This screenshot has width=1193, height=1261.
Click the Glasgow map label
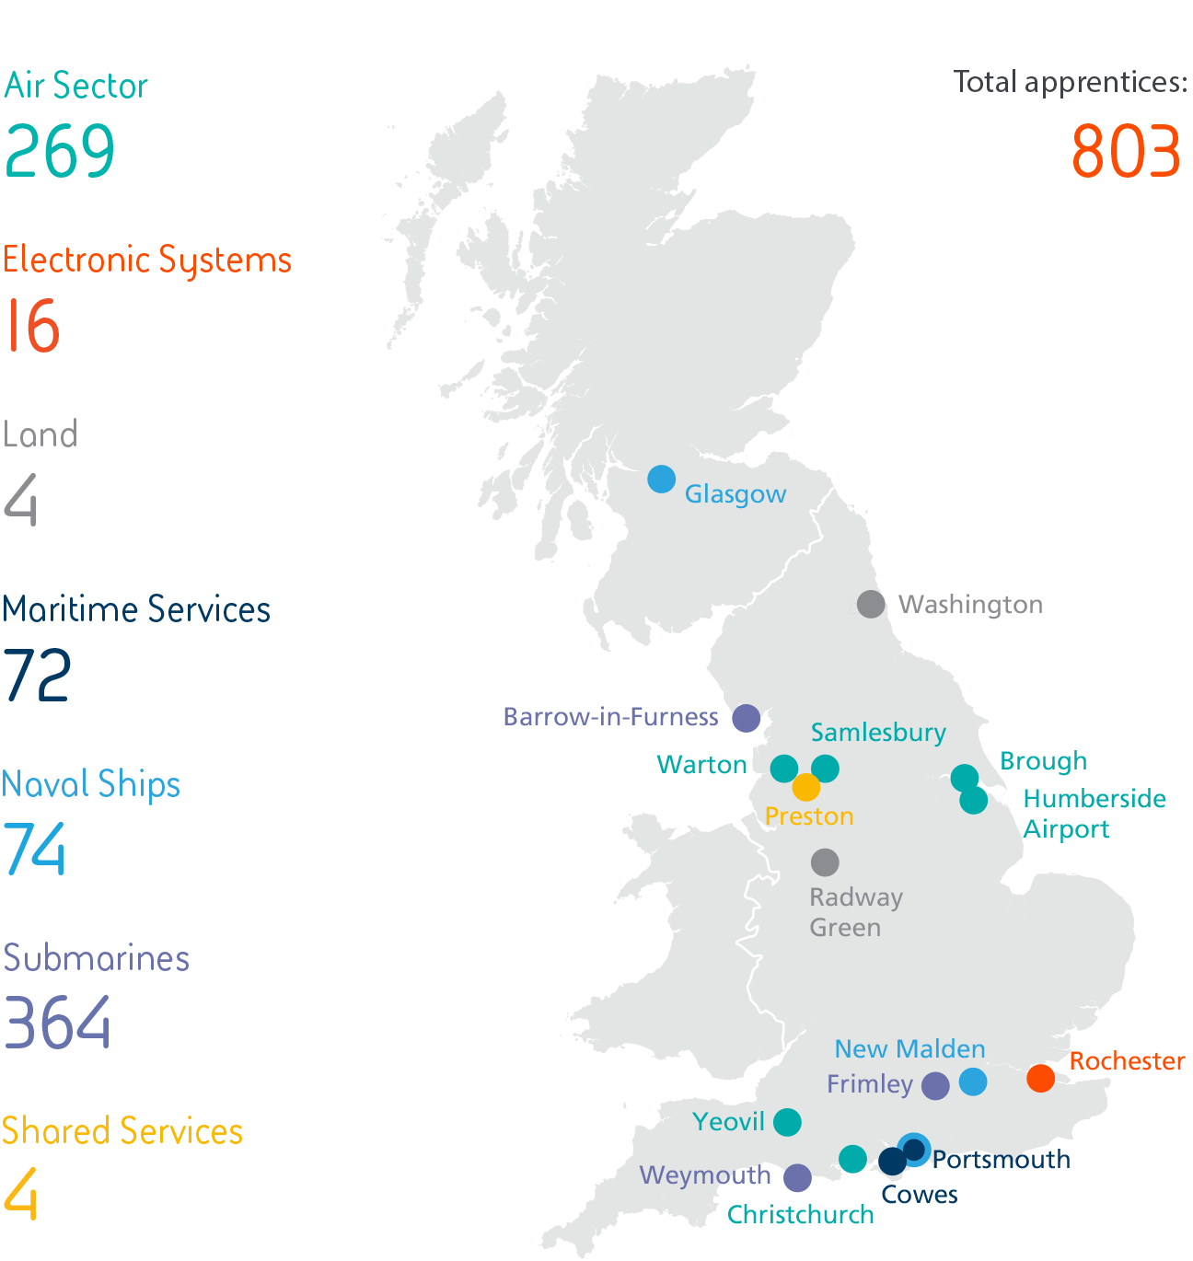pyautogui.click(x=735, y=494)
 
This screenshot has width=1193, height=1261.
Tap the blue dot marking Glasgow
pyautogui.click(x=661, y=479)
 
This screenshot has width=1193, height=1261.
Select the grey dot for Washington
pyautogui.click(x=871, y=605)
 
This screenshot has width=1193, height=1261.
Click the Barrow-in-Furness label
pyautogui.click(x=610, y=717)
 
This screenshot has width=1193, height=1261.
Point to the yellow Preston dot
pyautogui.click(x=805, y=788)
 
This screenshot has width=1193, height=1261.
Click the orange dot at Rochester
pyautogui.click(x=1040, y=1078)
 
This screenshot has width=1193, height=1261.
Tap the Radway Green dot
pyautogui.click(x=825, y=862)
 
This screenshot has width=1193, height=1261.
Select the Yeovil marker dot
pyautogui.click(x=787, y=1122)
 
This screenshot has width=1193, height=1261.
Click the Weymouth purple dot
pyautogui.click(x=797, y=1177)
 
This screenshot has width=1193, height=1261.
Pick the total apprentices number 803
pyautogui.click(x=1126, y=152)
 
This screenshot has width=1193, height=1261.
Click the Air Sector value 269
pyautogui.click(x=60, y=152)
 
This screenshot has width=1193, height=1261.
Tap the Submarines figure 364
pyautogui.click(x=57, y=1023)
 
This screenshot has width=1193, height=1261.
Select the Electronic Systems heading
pyautogui.click(x=147, y=260)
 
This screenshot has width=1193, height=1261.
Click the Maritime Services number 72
pyautogui.click(x=37, y=676)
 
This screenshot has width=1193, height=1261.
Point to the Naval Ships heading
pyautogui.click(x=91, y=784)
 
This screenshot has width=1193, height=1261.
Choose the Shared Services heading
pyautogui.click(x=122, y=1131)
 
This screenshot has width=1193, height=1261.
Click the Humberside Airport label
pyautogui.click(x=1094, y=814)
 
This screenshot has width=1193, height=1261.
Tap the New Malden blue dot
pyautogui.click(x=973, y=1082)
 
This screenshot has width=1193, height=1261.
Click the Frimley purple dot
pyautogui.click(x=935, y=1086)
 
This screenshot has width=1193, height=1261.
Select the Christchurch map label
pyautogui.click(x=800, y=1215)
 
